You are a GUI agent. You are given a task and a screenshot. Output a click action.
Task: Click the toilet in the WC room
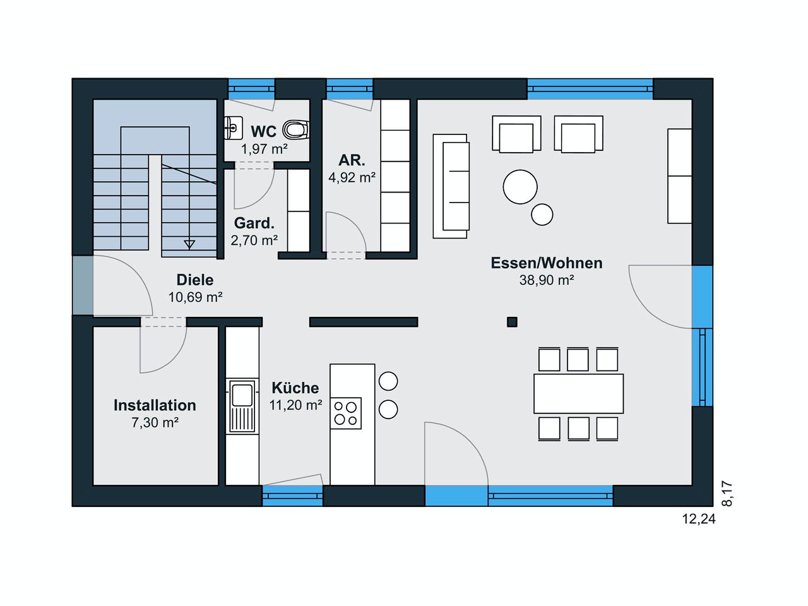pyautogui.click(x=295, y=129)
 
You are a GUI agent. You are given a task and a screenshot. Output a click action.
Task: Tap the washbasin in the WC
pyautogui.click(x=234, y=128)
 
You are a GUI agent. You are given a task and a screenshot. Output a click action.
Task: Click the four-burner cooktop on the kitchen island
pyautogui.click(x=346, y=413)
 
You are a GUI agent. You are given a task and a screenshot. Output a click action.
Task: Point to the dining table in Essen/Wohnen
pyautogui.click(x=578, y=394)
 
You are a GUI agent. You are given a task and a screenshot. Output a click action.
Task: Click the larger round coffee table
pyautogui.click(x=520, y=187)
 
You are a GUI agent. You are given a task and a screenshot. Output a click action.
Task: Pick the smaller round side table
pyautogui.click(x=542, y=215)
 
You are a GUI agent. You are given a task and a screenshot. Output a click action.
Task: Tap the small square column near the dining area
pyautogui.click(x=512, y=322)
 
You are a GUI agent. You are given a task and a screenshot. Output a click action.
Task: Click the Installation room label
pyautogui.click(x=155, y=405)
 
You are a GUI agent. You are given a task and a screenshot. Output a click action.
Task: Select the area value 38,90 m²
pyautogui.click(x=547, y=280)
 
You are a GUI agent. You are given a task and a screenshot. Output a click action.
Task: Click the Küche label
pyautogui.click(x=295, y=388)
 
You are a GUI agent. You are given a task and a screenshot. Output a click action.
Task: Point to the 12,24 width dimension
pyautogui.click(x=699, y=519)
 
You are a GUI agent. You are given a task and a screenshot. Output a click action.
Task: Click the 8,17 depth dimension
pyautogui.click(x=727, y=494)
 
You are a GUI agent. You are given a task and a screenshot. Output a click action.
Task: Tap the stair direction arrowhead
pyautogui.click(x=189, y=244)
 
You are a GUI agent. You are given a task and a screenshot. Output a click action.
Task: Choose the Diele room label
pyautogui.click(x=194, y=280)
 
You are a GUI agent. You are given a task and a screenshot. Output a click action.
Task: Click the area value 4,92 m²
pyautogui.click(x=352, y=178)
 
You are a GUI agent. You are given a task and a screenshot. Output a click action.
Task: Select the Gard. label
pyautogui.click(x=254, y=223)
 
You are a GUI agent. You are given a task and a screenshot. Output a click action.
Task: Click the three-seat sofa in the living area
pyautogui.click(x=451, y=186)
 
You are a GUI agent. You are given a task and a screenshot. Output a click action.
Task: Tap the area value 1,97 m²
pyautogui.click(x=264, y=149)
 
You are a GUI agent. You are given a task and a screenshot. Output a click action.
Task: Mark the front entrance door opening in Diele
pyautogui.click(x=83, y=285)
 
